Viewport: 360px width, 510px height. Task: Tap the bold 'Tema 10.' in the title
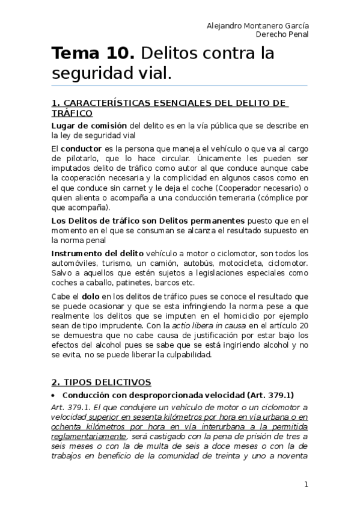[93, 54]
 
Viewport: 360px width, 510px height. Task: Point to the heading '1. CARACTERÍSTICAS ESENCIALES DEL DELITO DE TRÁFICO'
[169, 108]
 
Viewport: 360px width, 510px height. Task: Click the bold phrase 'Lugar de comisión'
[89, 126]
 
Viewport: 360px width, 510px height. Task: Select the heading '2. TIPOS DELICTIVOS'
[101, 382]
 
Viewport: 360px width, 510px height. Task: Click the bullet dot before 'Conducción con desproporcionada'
[54, 395]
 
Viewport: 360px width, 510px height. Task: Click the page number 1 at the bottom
[306, 484]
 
